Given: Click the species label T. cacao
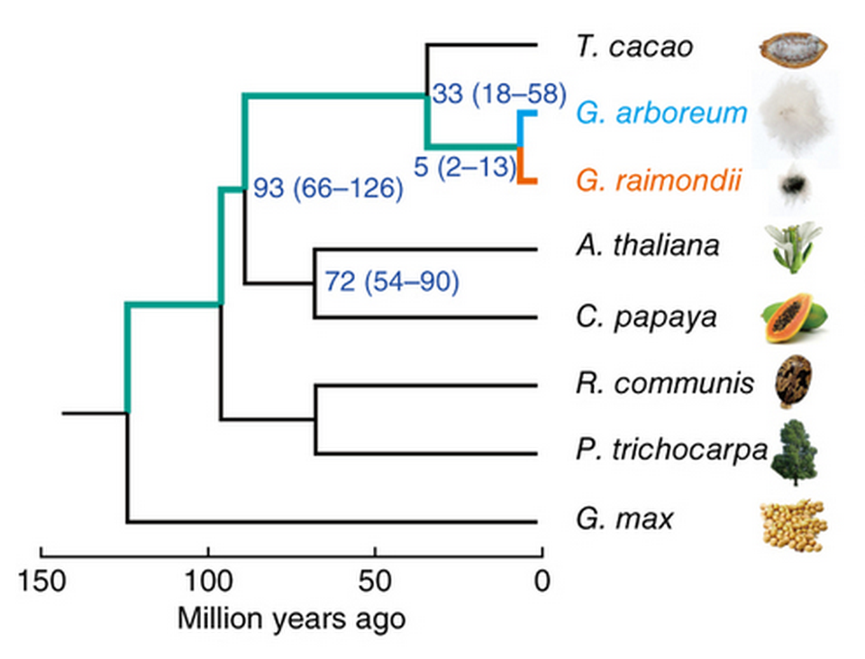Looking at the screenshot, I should pyautogui.click(x=634, y=46).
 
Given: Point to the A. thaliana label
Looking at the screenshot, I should pyautogui.click(x=647, y=245).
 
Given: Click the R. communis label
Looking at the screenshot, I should pyautogui.click(x=664, y=384).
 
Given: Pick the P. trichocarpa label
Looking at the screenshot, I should pyautogui.click(x=670, y=450).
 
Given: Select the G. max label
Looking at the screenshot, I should pyautogui.click(x=624, y=519).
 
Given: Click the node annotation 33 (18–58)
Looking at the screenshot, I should pyautogui.click(x=498, y=94).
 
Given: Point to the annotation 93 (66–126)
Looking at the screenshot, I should pyautogui.click(x=326, y=189).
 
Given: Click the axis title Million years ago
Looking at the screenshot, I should pyautogui.click(x=291, y=620).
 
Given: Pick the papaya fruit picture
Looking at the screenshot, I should pyautogui.click(x=795, y=319).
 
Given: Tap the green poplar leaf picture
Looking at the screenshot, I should pyautogui.click(x=793, y=452).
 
